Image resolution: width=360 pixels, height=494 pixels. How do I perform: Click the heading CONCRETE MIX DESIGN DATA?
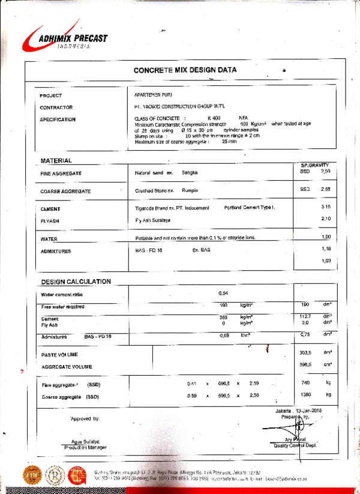tap(185, 70)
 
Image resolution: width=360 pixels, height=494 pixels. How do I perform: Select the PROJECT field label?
tap(51, 96)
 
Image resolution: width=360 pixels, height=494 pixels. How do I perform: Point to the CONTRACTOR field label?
tap(56, 107)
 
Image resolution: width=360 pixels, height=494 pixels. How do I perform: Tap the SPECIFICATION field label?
tap(58, 119)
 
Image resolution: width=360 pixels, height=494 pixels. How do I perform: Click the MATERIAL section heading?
tap(56, 161)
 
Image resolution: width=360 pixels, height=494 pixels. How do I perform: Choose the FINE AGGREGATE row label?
tap(61, 173)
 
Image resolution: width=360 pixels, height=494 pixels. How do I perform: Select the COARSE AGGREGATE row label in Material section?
tap(65, 191)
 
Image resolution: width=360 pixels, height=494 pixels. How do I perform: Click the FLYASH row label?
tap(50, 220)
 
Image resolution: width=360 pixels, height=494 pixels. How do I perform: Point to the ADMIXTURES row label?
tap(56, 251)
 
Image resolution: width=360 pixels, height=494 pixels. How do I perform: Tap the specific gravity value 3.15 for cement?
tap(326, 207)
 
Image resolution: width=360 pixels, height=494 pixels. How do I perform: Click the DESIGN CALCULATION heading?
tap(76, 282)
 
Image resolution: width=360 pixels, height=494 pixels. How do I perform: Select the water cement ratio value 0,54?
tap(223, 293)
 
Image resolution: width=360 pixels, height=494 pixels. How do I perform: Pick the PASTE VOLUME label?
tap(59, 355)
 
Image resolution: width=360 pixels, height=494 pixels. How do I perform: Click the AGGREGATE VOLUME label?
tap(67, 366)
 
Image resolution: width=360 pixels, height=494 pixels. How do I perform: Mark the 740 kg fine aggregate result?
tap(305, 383)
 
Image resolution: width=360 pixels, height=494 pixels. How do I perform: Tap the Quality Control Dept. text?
tap(295, 445)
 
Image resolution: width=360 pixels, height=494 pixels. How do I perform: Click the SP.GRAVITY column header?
tap(314, 164)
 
